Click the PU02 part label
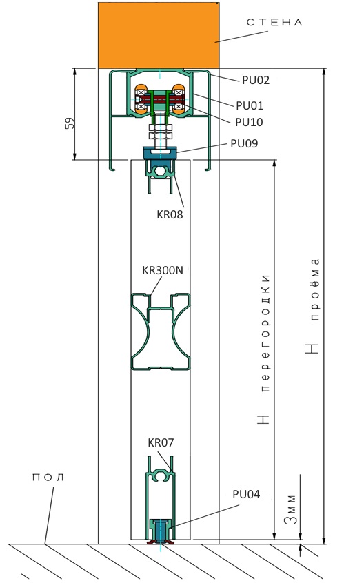coord(256,81)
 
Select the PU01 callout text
coord(250,105)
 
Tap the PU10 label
coord(249,122)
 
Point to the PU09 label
coord(244,143)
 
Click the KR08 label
coord(170,214)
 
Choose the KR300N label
coord(163,270)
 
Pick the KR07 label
coord(161,443)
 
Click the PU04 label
coord(246,495)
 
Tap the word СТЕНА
coord(274,23)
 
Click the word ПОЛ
coord(48,478)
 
